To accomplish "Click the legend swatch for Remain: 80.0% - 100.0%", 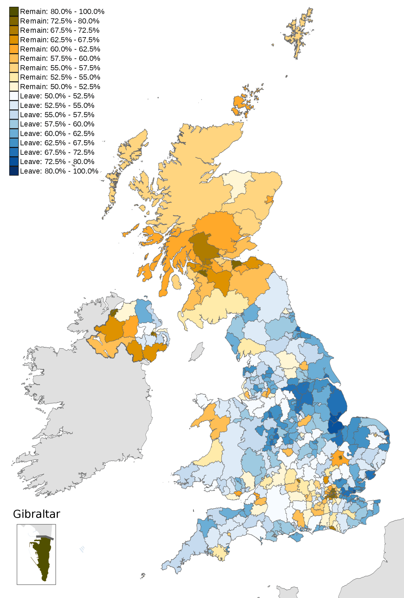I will click(14, 12).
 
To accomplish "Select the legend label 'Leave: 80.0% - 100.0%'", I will click(59, 171).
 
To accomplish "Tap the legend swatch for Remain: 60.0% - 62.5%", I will click(14, 49).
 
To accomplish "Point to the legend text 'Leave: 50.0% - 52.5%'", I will click(57, 96).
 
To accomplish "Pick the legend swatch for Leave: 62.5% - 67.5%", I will click(14, 143).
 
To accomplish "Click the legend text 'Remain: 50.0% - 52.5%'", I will click(60, 86).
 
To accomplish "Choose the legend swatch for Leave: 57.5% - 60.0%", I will click(14, 124).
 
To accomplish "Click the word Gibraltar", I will click(36, 514).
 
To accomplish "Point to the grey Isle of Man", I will click(197, 352).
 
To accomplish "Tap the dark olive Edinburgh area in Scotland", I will click(237, 265).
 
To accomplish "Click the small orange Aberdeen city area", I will click(269, 199).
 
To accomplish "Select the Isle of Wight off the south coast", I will click(297, 537).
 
